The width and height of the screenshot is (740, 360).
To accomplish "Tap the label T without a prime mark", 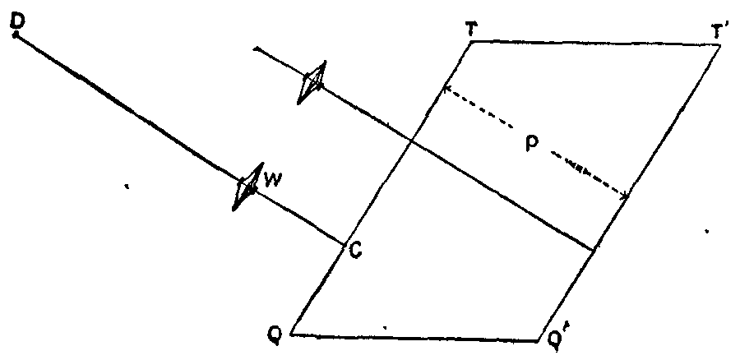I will pyautogui.click(x=471, y=27).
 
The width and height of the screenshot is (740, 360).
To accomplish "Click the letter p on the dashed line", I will pyautogui.click(x=532, y=141).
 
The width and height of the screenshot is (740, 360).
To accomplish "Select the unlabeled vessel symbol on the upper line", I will pyautogui.click(x=313, y=83).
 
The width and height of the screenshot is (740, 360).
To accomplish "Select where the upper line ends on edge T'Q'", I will pyautogui.click(x=594, y=249).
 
